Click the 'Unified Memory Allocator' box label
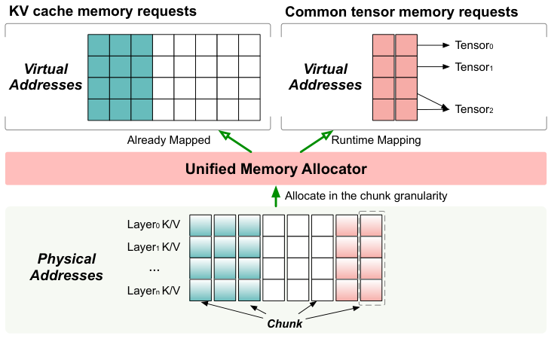coord(276,169)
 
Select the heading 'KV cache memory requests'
coord(103,12)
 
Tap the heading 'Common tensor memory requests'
coord(400,12)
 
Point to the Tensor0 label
coord(473,45)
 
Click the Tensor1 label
coord(473,67)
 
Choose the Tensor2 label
coord(473,109)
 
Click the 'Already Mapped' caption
coord(168,140)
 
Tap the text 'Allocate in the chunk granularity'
coord(366,196)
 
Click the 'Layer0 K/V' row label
coord(154,224)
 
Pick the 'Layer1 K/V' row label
coord(154,246)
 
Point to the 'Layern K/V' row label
coord(154,290)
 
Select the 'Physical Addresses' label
coord(66,267)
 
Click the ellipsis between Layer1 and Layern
coord(154,268)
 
